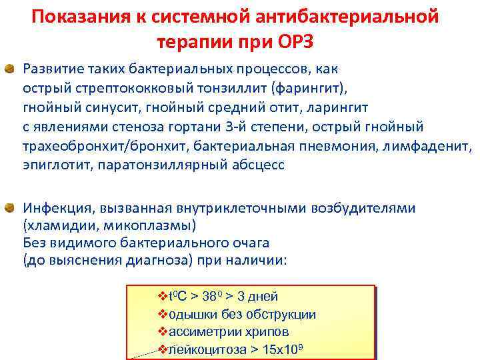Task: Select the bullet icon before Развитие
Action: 11,69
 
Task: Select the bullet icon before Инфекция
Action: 11,208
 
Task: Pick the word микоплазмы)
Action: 146,225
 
